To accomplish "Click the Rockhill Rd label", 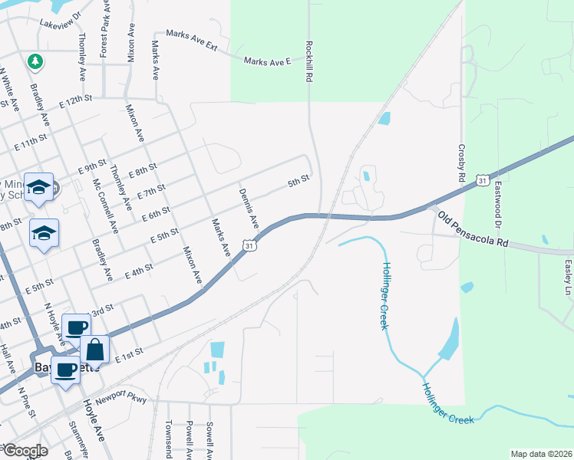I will pos(309,62).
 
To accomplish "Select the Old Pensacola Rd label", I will pos(473,230).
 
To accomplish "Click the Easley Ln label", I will pos(568,276).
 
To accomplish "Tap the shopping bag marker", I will pos(95,350).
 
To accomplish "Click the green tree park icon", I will pos(34,60).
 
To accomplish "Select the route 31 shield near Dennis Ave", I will pos(249,245).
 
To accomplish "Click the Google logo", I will pos(25,451).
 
